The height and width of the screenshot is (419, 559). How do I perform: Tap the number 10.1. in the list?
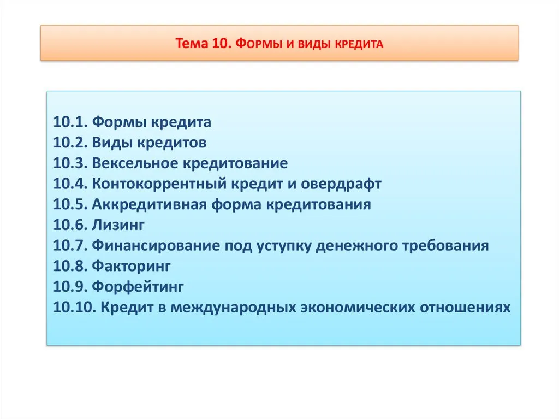[70, 122]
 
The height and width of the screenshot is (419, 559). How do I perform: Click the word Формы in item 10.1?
[119, 122]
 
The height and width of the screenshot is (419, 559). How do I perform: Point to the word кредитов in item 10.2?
[172, 143]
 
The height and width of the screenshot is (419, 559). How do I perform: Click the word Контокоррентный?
[159, 184]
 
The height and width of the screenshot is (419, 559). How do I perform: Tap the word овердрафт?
[341, 184]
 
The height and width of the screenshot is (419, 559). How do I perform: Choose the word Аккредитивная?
[150, 204]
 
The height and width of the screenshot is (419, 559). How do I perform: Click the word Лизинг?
[118, 225]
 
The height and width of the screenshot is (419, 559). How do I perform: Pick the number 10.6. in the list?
[70, 225]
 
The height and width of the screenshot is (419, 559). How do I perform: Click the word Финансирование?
[156, 245]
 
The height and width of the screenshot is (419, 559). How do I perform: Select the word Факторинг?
[131, 266]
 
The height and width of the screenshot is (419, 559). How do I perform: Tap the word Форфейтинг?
[138, 287]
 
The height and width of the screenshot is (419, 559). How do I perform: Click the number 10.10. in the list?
[74, 308]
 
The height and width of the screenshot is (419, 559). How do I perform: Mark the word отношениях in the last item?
[465, 308]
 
